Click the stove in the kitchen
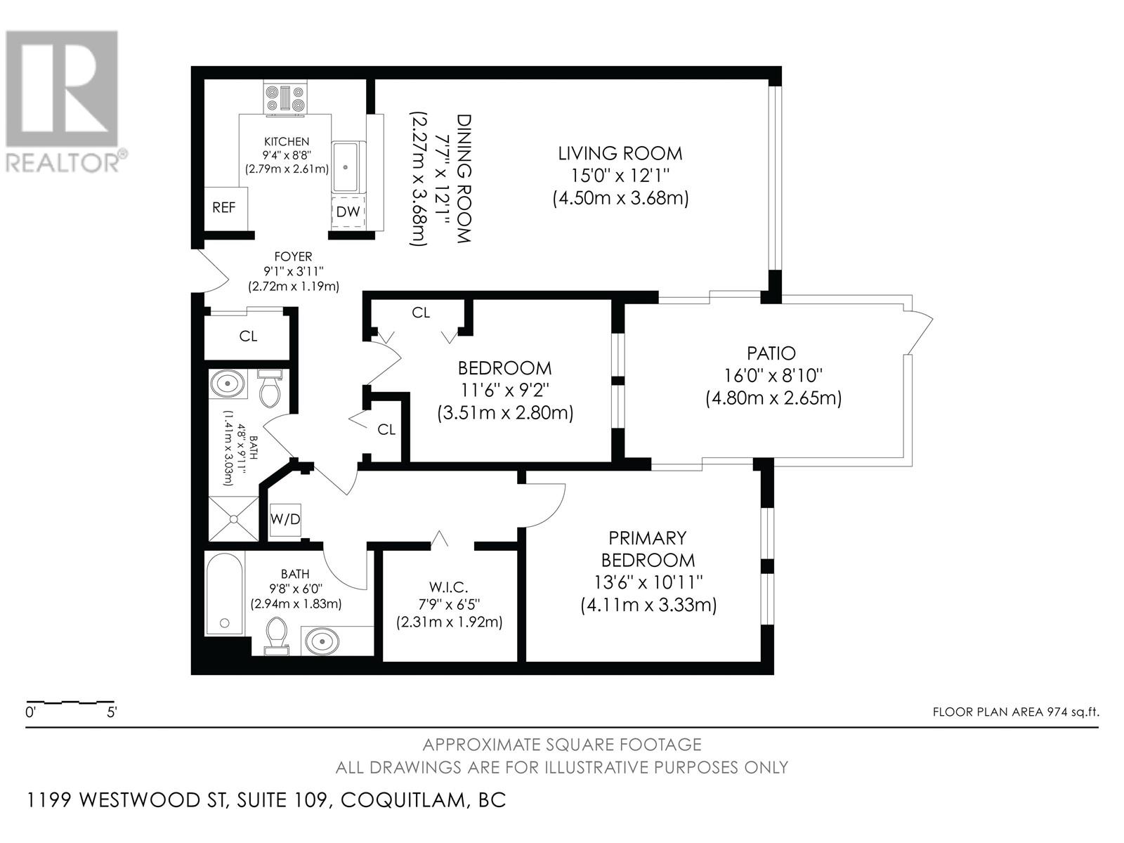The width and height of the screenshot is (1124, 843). [285, 99]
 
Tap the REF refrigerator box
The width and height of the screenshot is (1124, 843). [226, 209]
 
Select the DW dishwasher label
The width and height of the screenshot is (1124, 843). [348, 211]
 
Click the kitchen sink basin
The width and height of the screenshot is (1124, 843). [346, 166]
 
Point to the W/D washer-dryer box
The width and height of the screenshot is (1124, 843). [285, 520]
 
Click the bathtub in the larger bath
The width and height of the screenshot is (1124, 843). [224, 594]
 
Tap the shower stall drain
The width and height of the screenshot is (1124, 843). [233, 520]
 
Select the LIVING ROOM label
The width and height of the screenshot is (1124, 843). [620, 153]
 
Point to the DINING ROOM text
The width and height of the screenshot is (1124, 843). [464, 178]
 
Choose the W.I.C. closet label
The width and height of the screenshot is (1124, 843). [441, 587]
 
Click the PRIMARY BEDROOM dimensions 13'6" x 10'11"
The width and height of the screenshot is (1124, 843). [648, 582]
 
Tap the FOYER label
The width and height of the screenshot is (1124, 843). [293, 256]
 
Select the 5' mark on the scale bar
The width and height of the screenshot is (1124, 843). [112, 712]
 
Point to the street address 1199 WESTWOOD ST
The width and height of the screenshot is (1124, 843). [128, 799]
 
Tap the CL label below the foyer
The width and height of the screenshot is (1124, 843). [248, 336]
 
